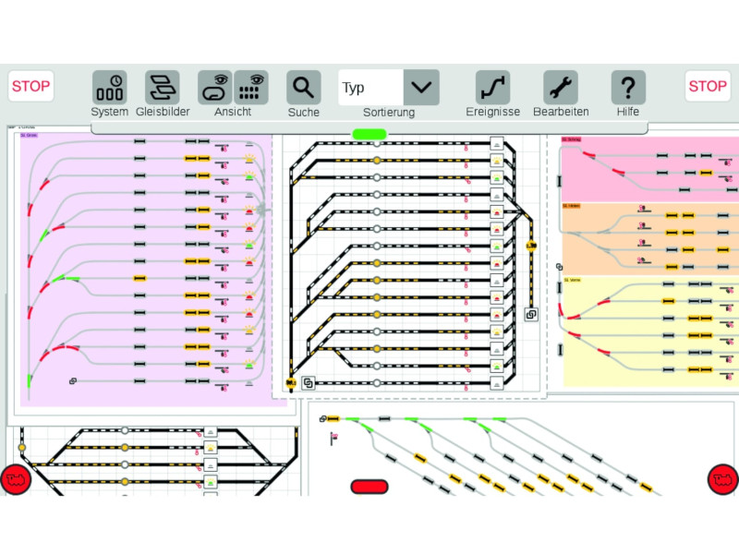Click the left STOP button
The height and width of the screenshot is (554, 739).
click(x=31, y=86)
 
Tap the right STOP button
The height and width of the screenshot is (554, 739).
click(x=708, y=86)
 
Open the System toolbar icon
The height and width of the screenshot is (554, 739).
click(x=109, y=87)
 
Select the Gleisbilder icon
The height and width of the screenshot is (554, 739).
click(x=163, y=87)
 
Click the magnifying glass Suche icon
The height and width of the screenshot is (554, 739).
click(x=303, y=87)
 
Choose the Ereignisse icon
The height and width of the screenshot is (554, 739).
click(x=492, y=87)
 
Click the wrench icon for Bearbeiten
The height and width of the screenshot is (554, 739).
click(x=561, y=87)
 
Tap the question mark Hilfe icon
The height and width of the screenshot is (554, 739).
click(x=628, y=87)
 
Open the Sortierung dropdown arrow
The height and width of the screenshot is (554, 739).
click(x=421, y=87)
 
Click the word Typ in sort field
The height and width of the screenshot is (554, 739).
click(x=354, y=88)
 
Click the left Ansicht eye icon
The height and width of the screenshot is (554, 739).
click(x=215, y=87)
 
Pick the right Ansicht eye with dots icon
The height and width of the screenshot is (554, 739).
click(x=250, y=87)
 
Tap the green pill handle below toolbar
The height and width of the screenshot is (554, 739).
click(x=369, y=135)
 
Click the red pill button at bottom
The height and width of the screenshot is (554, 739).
click(x=370, y=486)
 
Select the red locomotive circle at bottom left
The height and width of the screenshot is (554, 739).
click(x=14, y=478)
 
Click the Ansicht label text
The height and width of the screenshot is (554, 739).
click(x=233, y=112)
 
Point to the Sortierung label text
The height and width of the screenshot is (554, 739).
click(x=389, y=113)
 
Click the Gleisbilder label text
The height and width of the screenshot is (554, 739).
click(x=163, y=112)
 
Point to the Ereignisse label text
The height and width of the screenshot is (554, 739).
click(x=493, y=112)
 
